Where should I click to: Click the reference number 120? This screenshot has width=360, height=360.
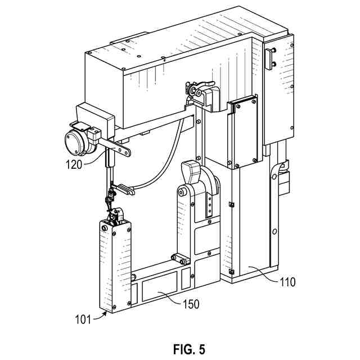pos(75,165)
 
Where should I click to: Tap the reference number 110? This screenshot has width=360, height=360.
pos(288,281)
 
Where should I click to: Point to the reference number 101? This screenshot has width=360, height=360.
pos(83,320)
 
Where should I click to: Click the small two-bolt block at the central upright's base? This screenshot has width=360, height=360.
pos(180,259)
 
